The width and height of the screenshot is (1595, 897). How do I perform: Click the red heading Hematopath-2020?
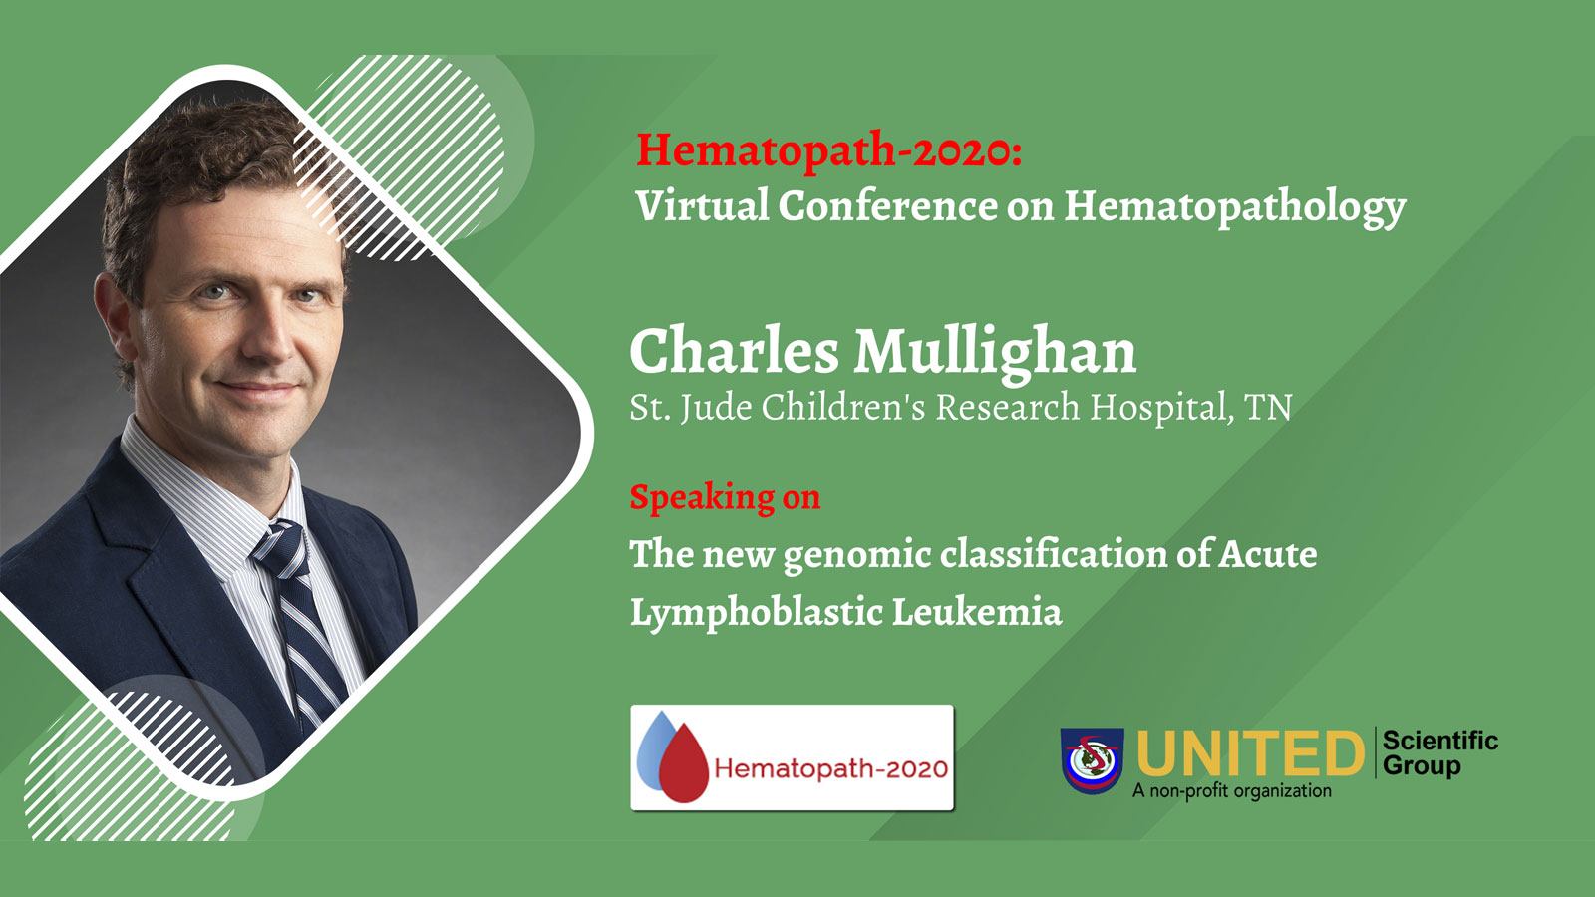pos(828,150)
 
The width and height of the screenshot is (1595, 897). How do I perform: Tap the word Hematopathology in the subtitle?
pos(1235,208)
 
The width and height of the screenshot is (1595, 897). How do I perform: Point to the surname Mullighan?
pos(996,354)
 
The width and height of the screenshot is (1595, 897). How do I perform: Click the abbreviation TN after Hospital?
pos(1267,408)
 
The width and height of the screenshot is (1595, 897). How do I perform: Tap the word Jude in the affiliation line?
pos(716,409)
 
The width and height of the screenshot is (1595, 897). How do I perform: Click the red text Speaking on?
pos(725,496)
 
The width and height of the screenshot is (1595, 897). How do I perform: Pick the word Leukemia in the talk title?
pos(976,612)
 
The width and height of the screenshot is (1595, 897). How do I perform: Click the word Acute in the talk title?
pos(1267,554)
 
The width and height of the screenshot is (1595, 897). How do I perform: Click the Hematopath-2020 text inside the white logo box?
pos(831,768)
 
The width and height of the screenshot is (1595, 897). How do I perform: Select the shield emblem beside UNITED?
pos(1093,759)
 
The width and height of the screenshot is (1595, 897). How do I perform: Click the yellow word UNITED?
pos(1250,753)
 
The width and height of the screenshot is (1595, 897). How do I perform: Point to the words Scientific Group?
pos(1439,753)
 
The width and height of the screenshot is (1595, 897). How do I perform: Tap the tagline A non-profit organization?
pos(1232,791)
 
